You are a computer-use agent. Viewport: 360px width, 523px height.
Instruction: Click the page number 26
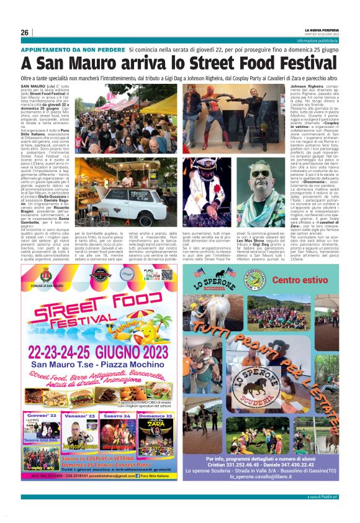click(25, 32)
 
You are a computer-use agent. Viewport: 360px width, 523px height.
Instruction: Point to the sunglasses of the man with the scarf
click(261, 173)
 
